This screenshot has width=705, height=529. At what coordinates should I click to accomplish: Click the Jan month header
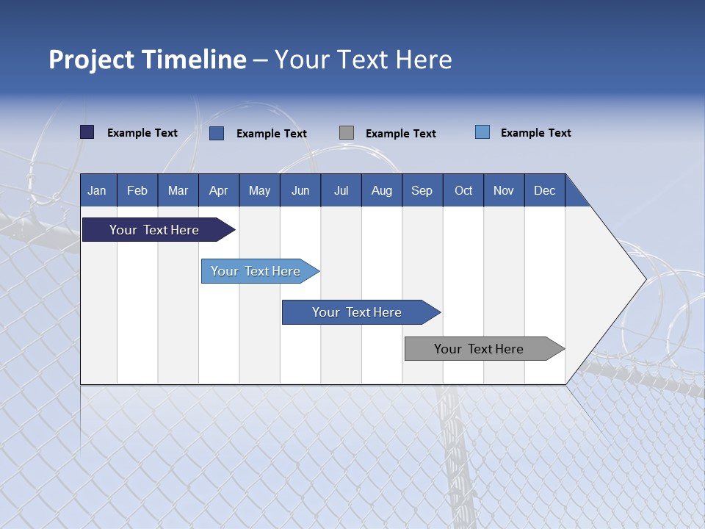97,191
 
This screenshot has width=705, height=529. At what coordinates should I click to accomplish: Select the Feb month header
137,191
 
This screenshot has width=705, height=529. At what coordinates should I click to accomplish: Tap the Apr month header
219,191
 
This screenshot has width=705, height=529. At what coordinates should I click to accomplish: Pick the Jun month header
300,191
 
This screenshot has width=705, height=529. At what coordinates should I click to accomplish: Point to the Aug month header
382,191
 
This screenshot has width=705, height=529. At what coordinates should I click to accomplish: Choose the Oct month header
463,191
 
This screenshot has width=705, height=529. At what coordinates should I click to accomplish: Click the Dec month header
545,191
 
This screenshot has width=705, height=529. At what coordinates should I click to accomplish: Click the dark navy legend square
87,132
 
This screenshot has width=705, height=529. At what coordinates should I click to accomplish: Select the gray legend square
347,133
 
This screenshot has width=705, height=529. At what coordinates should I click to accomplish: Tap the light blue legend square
482,132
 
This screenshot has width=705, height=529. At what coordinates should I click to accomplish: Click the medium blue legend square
217,133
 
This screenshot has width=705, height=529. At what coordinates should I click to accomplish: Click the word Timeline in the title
193,60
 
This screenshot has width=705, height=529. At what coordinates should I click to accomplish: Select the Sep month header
422,191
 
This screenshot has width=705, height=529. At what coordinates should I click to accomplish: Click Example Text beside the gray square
401,134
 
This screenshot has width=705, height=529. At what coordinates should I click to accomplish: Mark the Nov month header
504,191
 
